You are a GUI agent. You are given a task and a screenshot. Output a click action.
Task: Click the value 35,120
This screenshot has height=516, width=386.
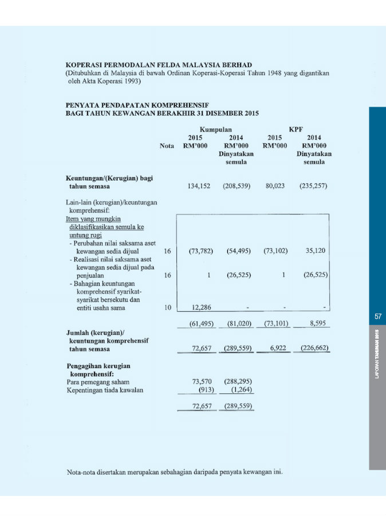point(316,251)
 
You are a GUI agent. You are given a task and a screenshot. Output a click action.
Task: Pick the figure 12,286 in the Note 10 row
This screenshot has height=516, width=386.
point(203,308)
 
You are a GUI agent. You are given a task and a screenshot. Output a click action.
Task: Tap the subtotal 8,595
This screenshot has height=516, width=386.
point(318,323)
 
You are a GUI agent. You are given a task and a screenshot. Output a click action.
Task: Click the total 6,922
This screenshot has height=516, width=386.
point(278,349)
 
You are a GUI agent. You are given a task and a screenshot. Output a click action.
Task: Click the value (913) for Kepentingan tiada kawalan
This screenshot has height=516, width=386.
point(205,390)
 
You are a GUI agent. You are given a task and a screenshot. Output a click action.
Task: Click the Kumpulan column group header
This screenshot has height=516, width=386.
point(216,130)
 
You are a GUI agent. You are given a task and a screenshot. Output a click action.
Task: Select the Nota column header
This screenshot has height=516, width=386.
point(167,146)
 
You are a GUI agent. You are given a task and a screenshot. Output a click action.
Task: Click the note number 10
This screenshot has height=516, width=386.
point(167,308)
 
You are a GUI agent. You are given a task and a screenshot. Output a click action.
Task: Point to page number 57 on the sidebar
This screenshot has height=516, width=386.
point(377,316)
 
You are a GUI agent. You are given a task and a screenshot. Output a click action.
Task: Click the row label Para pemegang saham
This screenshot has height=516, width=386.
point(98,381)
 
